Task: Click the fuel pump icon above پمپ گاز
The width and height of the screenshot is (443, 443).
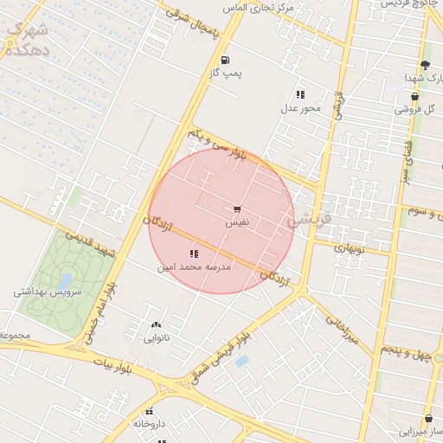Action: coord(225,60)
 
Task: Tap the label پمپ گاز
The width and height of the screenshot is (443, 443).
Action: coord(225,74)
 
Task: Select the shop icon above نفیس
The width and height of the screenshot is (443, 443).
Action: coord(237,209)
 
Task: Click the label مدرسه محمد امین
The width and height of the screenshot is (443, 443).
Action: coord(194,267)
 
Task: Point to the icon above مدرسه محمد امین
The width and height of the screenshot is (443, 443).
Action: coord(193,254)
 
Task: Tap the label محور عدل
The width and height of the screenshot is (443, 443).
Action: coord(300,108)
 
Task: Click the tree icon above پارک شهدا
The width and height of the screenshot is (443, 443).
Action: coord(424,65)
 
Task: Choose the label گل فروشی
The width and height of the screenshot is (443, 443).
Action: coord(414,109)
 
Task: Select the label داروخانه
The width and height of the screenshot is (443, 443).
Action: coord(150,424)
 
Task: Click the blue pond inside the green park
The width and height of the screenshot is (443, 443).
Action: coord(66,281)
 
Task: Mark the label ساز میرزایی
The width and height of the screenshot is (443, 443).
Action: coord(422,430)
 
